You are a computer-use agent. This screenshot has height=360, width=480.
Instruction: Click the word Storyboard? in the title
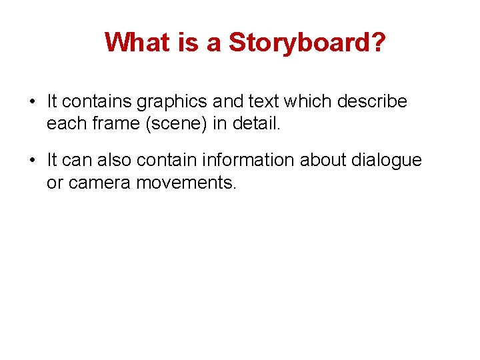[x=307, y=43]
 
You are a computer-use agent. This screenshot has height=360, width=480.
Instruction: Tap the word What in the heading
[x=135, y=43]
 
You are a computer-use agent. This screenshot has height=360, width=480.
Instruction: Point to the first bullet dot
[x=31, y=102]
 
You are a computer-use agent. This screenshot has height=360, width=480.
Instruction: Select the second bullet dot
[x=31, y=161]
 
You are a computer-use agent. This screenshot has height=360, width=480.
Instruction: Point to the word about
[x=316, y=161]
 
